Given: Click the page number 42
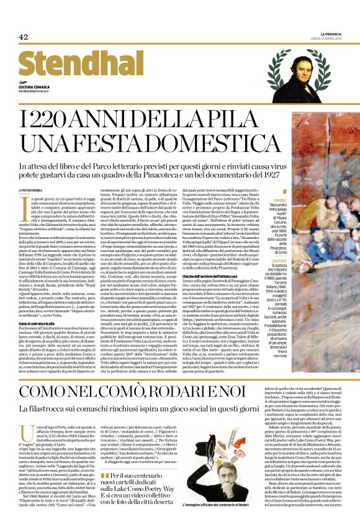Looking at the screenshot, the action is tap(23, 37).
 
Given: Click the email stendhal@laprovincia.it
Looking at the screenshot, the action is tap(37, 92).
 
